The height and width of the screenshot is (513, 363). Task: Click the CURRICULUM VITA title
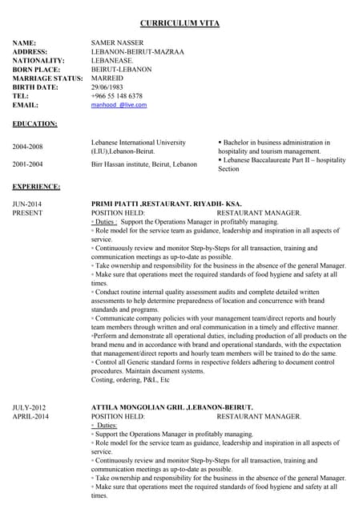coord(180,22)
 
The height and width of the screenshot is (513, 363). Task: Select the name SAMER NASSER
coord(117,42)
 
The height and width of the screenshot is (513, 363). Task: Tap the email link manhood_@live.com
coord(119,105)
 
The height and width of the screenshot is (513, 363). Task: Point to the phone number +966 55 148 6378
coord(117,96)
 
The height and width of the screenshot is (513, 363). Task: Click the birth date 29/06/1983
coord(109,87)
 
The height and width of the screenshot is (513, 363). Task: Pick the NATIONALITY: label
coord(38,61)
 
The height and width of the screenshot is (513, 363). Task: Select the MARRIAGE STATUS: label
coord(47,79)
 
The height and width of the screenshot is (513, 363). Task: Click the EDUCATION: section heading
coord(34,124)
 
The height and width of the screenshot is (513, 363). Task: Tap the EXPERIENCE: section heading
coord(36,187)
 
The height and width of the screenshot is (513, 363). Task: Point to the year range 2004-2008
coord(27,147)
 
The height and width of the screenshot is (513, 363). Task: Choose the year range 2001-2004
coord(27,164)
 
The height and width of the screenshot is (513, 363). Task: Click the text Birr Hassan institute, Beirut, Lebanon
coord(144,164)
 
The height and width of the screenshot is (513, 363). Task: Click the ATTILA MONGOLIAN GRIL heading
coord(171,407)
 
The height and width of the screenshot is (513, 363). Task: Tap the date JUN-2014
coord(27,204)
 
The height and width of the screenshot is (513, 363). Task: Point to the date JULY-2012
coord(29,407)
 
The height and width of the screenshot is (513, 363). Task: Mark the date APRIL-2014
coord(30,417)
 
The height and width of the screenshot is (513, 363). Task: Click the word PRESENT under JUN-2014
coord(27,213)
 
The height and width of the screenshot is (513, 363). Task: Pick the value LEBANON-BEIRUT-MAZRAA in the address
coord(137,52)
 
